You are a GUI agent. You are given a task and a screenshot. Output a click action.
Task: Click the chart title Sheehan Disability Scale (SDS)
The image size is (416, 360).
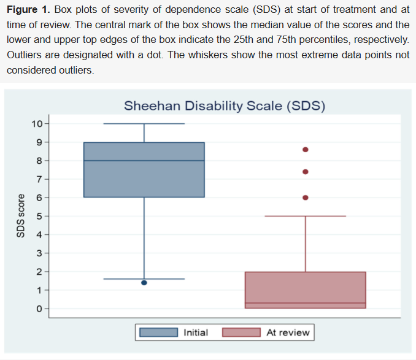tap(224, 105)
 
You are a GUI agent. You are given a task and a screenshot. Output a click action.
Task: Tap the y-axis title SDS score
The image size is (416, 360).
tap(20, 216)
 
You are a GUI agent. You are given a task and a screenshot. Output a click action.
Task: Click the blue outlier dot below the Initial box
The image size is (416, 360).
tap(144, 283)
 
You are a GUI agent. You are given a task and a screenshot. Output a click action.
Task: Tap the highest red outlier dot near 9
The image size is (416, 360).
tap(306, 149)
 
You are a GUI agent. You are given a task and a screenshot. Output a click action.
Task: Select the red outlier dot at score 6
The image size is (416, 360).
tap(306, 197)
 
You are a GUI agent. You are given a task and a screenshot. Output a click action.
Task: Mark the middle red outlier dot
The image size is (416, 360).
tap(306, 172)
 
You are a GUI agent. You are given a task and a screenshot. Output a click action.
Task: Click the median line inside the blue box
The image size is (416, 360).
tap(144, 161)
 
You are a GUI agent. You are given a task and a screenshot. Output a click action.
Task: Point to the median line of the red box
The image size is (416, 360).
tap(306, 303)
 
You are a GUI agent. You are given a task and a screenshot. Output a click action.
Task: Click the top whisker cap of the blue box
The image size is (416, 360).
tap(144, 123)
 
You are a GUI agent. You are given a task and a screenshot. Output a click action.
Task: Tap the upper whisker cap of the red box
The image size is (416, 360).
tap(306, 216)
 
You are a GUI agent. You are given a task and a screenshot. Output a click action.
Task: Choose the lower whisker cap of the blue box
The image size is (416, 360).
tap(144, 279)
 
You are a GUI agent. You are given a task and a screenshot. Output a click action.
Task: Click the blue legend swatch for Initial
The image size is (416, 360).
tap(159, 332)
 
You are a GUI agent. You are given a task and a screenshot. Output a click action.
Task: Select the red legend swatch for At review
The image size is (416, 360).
tap(242, 332)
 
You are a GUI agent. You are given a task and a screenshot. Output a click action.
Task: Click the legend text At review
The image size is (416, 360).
tap(288, 332)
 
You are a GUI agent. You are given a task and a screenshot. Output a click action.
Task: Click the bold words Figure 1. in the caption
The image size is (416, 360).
tap(29, 11)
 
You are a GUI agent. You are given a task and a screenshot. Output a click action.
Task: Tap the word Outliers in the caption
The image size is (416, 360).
tap(26, 55)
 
